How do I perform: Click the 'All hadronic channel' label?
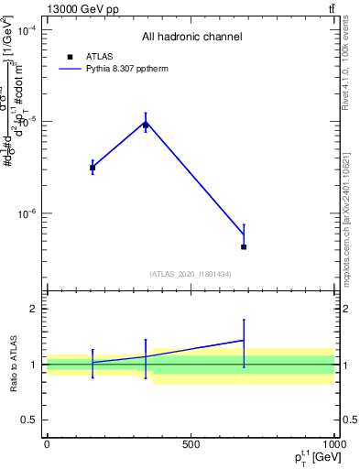(x=191, y=38)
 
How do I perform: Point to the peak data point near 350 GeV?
(x=146, y=124)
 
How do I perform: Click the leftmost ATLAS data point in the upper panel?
(x=93, y=168)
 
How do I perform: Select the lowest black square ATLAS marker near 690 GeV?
(x=244, y=247)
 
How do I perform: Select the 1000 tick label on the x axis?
(x=333, y=445)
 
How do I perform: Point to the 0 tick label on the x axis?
(x=47, y=445)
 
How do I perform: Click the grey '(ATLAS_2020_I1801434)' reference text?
(x=191, y=274)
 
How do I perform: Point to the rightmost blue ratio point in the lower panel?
(x=244, y=340)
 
